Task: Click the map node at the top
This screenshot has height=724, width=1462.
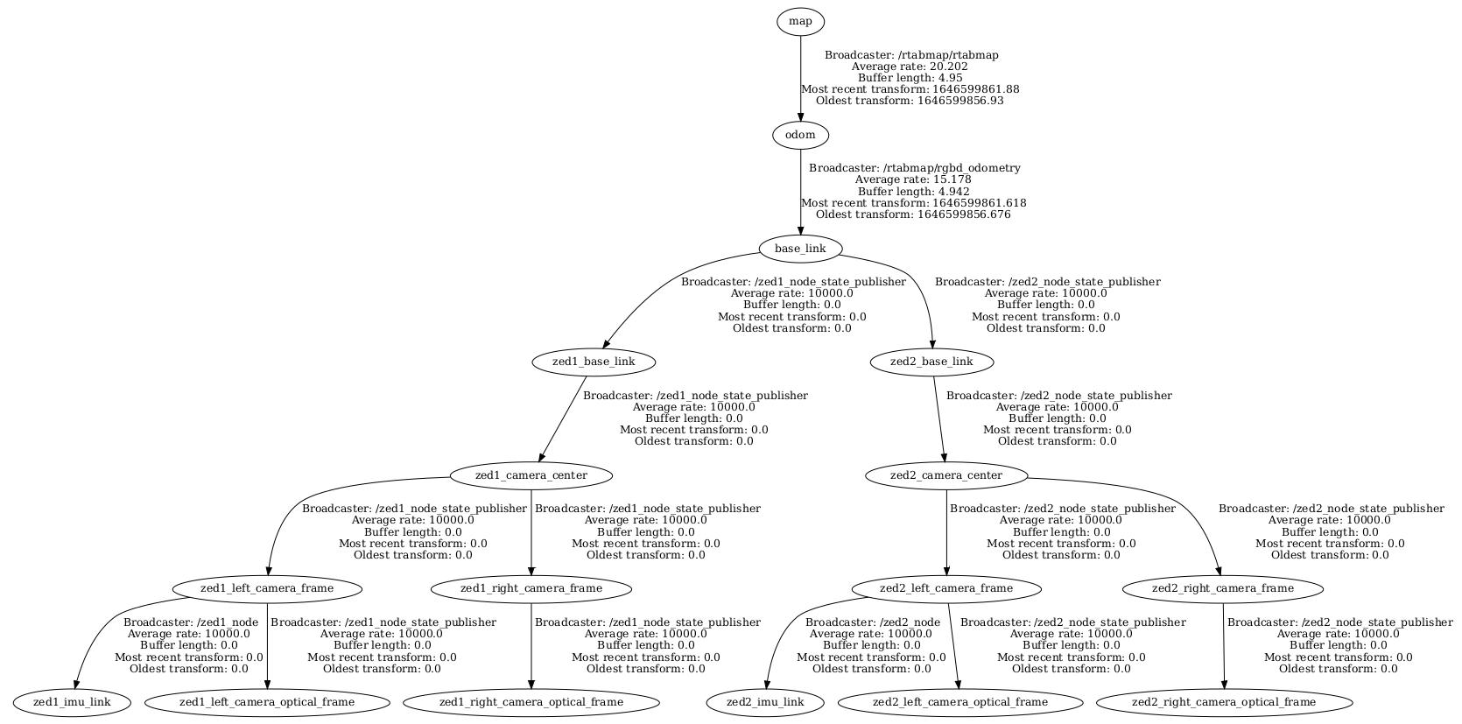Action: (x=800, y=21)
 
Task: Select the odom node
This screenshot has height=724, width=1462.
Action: (x=800, y=135)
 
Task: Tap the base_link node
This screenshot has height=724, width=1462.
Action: (x=800, y=249)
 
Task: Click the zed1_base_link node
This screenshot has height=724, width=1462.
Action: (x=594, y=362)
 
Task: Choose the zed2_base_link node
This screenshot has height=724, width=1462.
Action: (x=931, y=362)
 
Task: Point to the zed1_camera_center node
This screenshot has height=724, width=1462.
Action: (x=531, y=475)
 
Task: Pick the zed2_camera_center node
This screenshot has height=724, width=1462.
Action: (x=946, y=475)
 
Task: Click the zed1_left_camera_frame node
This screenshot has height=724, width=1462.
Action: (x=267, y=588)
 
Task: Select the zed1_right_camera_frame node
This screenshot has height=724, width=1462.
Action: (x=531, y=588)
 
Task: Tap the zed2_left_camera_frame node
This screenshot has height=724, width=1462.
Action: (x=946, y=588)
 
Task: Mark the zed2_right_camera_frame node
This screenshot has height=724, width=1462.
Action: (x=1223, y=588)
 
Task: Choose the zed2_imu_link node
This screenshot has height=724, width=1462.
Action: (x=767, y=702)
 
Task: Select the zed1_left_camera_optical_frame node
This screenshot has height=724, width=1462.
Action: (x=267, y=702)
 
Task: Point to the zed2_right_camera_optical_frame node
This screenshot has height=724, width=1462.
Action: (x=1224, y=702)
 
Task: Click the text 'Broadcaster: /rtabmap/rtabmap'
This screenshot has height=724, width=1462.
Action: (x=911, y=55)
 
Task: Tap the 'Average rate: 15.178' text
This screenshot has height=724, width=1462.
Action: (x=913, y=179)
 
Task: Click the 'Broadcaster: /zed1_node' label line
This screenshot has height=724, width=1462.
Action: (x=191, y=622)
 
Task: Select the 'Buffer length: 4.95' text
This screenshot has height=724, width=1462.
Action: (x=910, y=78)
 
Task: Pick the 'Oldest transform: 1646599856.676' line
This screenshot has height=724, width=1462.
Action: (x=913, y=214)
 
